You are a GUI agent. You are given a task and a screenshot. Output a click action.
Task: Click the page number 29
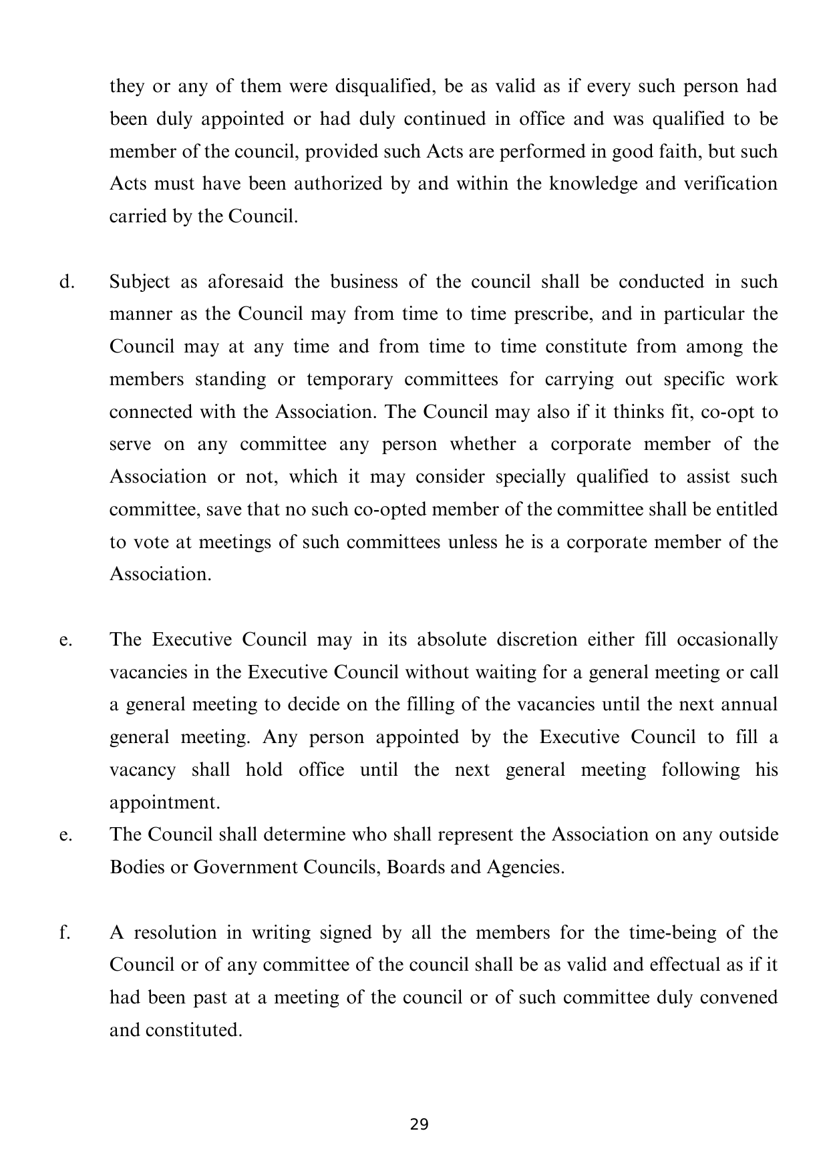pyautogui.click(x=419, y=1124)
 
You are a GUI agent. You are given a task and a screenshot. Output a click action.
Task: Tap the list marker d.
pyautogui.click(x=65, y=282)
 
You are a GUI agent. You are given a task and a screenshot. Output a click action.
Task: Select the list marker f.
pyautogui.click(x=64, y=932)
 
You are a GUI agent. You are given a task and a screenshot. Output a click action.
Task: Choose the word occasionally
pyautogui.click(x=727, y=640)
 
